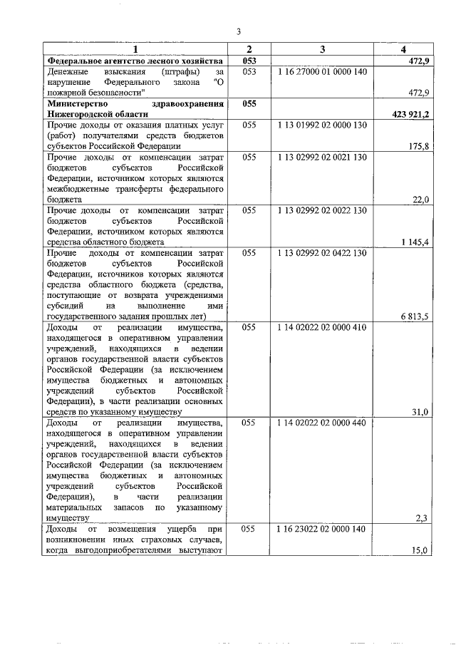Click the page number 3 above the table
tap(239, 31)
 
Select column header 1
tap(135, 49)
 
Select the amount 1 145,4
tap(415, 242)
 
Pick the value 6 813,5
tap(415, 317)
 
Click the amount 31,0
tap(420, 412)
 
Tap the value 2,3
tap(422, 518)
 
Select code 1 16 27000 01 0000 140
tap(322, 72)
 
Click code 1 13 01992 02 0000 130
tap(322, 125)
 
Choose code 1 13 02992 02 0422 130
tap(322, 253)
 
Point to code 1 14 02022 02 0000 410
tap(322, 328)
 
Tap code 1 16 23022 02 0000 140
tap(322, 529)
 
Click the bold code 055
tap(249, 103)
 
